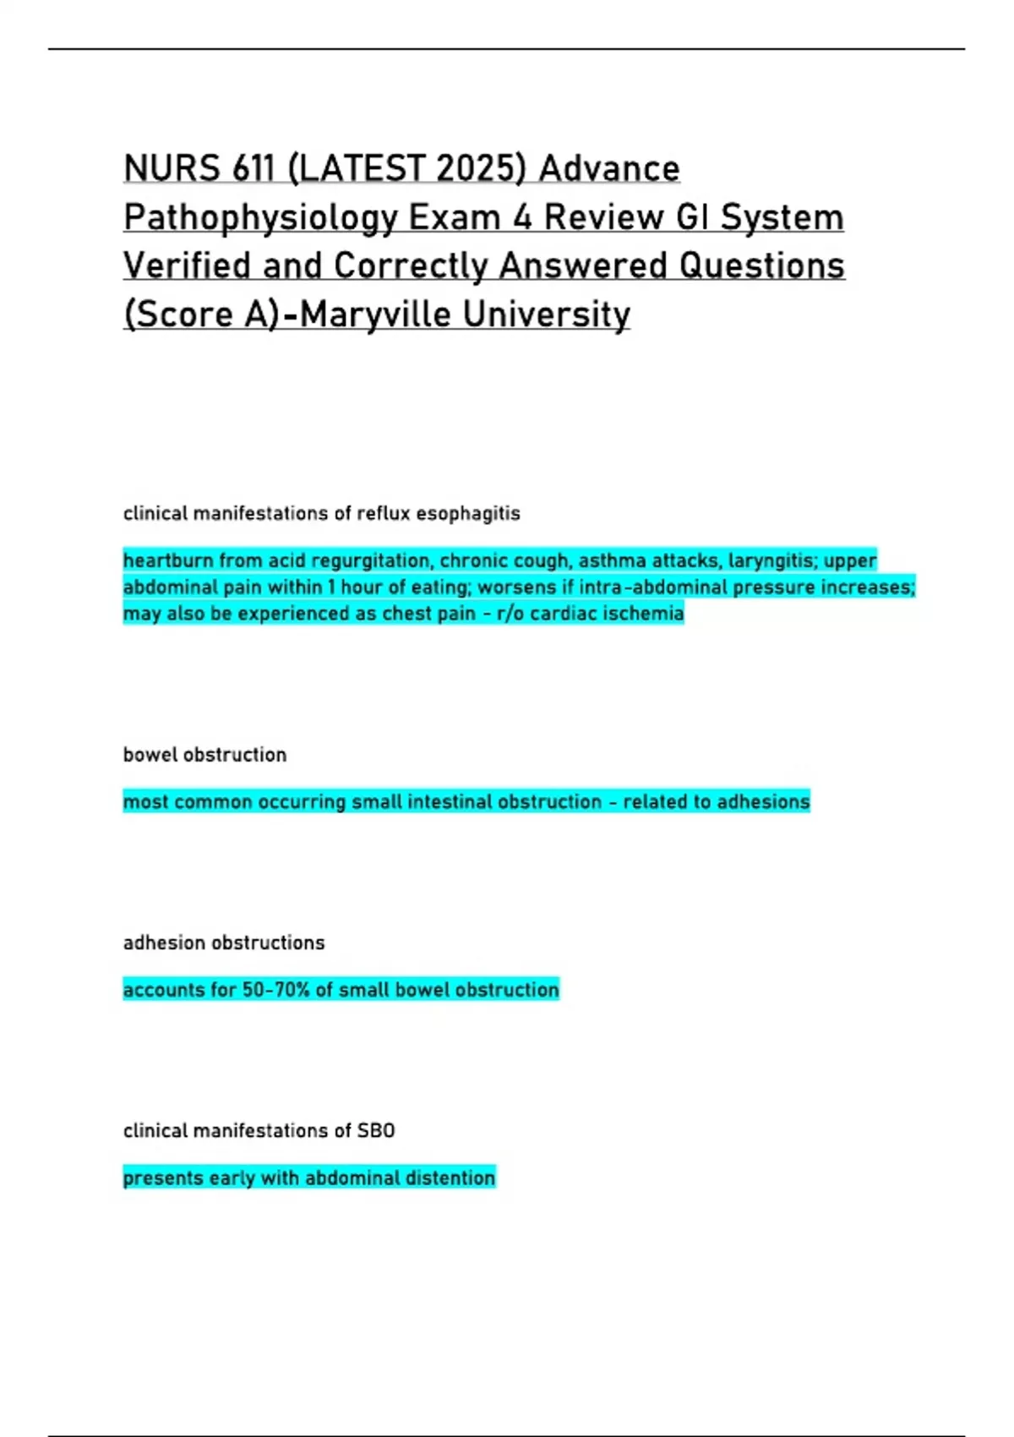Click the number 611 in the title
point(252,169)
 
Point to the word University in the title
point(547,314)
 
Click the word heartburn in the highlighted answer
point(168,560)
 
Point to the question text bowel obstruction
point(204,754)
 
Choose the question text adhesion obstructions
point(224,943)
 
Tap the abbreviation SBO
point(376,1130)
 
